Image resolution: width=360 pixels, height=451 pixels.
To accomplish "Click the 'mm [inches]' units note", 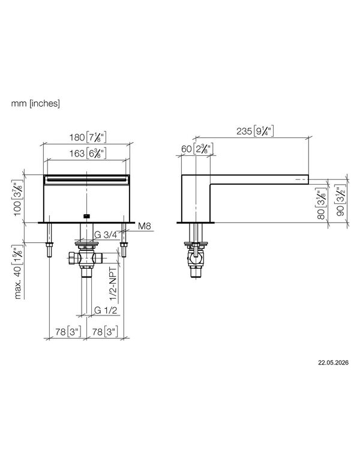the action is pyautogui.click(x=35, y=103).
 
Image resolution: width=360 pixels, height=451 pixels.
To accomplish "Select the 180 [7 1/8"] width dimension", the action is pyautogui.click(x=88, y=137).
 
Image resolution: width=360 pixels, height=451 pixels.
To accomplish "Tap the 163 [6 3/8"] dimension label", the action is pyautogui.click(x=88, y=153).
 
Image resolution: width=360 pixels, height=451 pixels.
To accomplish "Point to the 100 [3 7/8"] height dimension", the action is pyautogui.click(x=17, y=197).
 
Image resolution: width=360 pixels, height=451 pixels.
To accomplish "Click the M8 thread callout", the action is pyautogui.click(x=145, y=226).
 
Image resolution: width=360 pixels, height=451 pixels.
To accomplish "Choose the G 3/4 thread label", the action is pyautogui.click(x=106, y=235).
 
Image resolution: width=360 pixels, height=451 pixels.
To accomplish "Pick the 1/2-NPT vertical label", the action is pyautogui.click(x=113, y=284).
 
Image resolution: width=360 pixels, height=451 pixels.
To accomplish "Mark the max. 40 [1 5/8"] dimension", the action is pyautogui.click(x=17, y=272).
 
